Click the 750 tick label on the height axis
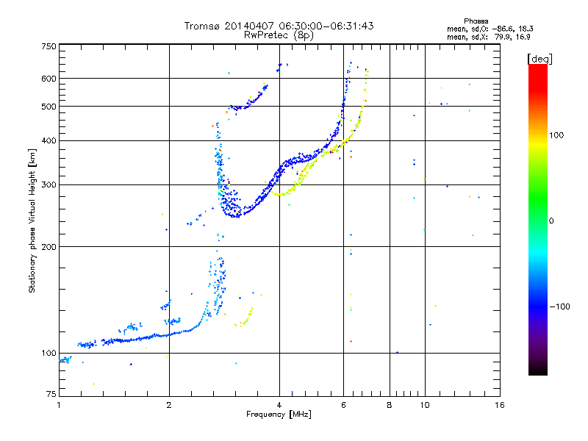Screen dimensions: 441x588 [x=49, y=46]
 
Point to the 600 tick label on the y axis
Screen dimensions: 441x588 [x=49, y=79]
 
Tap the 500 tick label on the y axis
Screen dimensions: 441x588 [x=49, y=107]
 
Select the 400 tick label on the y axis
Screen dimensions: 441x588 [x=49, y=140]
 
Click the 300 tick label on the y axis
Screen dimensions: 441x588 [x=49, y=184]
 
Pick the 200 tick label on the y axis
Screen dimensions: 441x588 [x=49, y=246]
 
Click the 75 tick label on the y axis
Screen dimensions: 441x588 [x=51, y=395]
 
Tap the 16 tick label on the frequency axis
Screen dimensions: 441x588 [x=499, y=405]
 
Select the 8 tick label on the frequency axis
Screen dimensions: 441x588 [x=390, y=405]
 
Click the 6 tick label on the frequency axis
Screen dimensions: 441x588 [x=343, y=405]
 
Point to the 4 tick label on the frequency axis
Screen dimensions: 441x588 [x=279, y=405]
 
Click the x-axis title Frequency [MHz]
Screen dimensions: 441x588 [x=279, y=415]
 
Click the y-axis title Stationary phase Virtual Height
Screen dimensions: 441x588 [x=32, y=220]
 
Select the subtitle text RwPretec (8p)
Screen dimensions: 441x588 [x=279, y=35]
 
